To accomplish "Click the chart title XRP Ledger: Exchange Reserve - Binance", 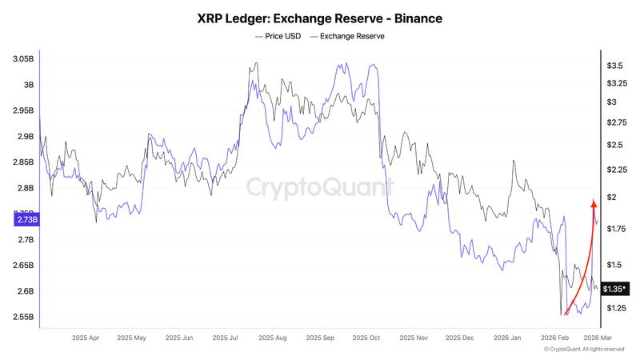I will click(x=320, y=17).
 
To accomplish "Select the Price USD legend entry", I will click(x=278, y=37).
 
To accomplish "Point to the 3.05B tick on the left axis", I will click(x=23, y=59).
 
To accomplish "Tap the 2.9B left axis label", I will click(x=25, y=137).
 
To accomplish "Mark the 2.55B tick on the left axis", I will click(x=23, y=317).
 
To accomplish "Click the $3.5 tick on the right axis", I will click(x=615, y=65).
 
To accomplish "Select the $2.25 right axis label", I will click(x=616, y=170).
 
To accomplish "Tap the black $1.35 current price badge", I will click(x=614, y=289).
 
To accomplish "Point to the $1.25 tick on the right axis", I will click(x=616, y=308).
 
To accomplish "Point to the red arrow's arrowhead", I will click(x=593, y=203).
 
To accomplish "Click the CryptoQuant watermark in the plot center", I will click(x=319, y=188).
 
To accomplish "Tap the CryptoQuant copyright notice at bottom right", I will click(x=584, y=350).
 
